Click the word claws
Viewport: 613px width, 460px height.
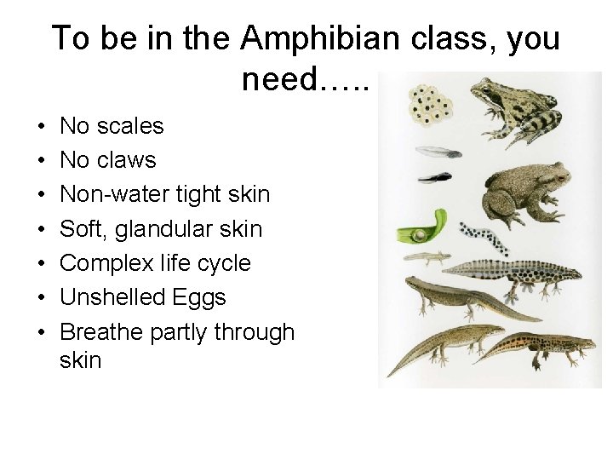[125, 160]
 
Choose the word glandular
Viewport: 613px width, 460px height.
[166, 229]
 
